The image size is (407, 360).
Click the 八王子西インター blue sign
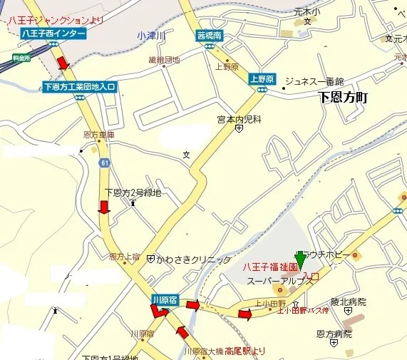[53, 34]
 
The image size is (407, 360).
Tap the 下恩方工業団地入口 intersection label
[79, 87]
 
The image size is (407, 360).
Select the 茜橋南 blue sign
[210, 34]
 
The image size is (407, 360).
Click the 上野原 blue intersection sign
[261, 78]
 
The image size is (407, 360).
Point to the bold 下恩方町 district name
[341, 98]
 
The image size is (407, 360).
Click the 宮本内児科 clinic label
[239, 120]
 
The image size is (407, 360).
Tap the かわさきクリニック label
[193, 259]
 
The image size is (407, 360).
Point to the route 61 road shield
[105, 164]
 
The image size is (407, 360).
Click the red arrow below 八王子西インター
[63, 63]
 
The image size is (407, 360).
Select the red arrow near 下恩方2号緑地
[103, 207]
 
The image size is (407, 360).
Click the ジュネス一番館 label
[314, 81]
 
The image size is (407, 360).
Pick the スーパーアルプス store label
[280, 282]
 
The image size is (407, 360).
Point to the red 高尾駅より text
[244, 351]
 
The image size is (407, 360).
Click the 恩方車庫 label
[99, 134]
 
